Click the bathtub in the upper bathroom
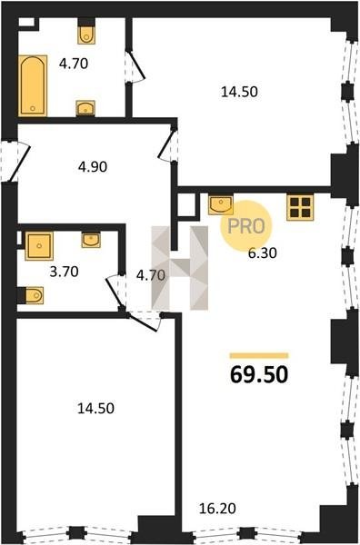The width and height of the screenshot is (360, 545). click(33, 85)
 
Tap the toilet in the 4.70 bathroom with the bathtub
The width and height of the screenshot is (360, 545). click(86, 35)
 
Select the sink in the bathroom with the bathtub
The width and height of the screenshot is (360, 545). click(85, 108)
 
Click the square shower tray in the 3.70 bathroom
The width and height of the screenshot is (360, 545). click(39, 246)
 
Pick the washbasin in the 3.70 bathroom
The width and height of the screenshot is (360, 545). click(91, 240)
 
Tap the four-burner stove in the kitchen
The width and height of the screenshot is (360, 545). click(300, 207)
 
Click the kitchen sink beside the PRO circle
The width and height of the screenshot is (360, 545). click(221, 204)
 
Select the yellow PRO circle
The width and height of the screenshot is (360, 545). click(246, 226)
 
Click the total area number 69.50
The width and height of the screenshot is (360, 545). click(259, 374)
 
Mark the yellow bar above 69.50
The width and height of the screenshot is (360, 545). click(259, 355)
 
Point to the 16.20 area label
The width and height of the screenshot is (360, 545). click(217, 509)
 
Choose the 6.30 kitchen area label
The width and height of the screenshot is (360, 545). click(262, 253)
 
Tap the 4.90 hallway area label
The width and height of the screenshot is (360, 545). click(93, 167)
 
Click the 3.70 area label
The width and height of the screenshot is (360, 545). click(64, 272)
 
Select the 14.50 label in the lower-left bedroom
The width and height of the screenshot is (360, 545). click(95, 409)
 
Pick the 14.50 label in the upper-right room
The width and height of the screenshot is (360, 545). click(239, 92)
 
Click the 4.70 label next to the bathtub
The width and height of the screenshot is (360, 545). click(74, 64)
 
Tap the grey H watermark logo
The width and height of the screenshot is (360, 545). click(180, 268)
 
